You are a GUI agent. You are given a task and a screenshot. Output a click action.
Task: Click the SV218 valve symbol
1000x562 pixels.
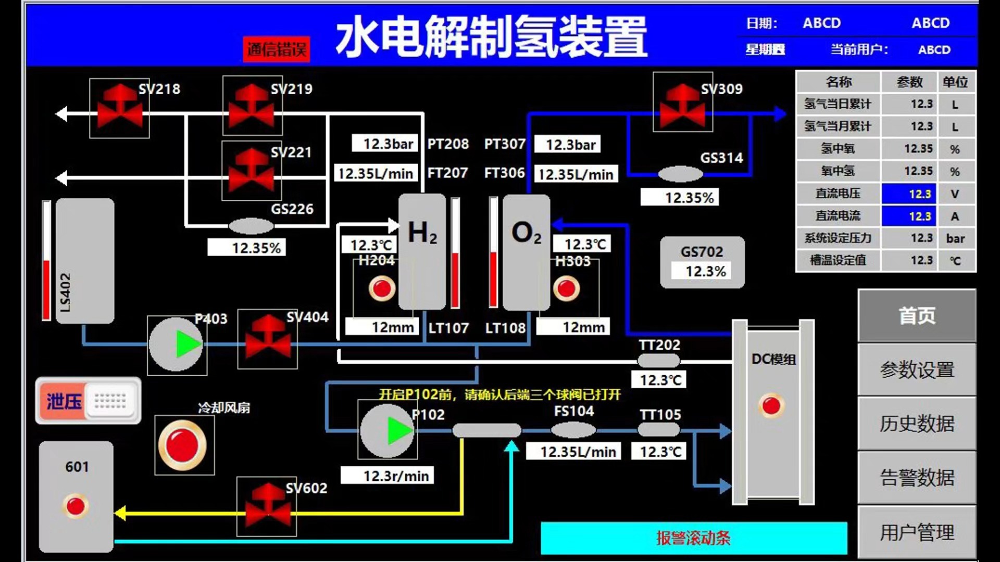pyautogui.click(x=119, y=108)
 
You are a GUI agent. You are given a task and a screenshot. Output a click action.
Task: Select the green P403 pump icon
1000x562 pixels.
pyautogui.click(x=176, y=344)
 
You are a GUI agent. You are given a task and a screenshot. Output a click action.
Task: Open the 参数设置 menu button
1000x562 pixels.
pyautogui.click(x=917, y=370)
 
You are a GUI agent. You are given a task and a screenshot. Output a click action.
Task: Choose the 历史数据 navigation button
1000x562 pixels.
pyautogui.click(x=917, y=424)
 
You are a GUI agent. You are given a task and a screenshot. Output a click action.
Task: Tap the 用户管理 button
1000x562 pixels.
pyautogui.click(x=917, y=532)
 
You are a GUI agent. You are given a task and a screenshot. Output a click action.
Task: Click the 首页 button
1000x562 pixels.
pyautogui.click(x=917, y=316)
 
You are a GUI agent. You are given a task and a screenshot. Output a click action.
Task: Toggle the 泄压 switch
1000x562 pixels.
pyautogui.click(x=88, y=401)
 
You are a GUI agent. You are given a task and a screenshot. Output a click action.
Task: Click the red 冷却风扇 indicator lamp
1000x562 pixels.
pyautogui.click(x=182, y=445)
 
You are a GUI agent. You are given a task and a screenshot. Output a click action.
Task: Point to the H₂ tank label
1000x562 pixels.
pyautogui.click(x=422, y=233)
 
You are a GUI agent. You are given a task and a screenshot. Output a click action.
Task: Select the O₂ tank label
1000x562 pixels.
pyautogui.click(x=526, y=233)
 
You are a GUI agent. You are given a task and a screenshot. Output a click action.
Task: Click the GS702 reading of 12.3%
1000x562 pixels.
pyautogui.click(x=705, y=271)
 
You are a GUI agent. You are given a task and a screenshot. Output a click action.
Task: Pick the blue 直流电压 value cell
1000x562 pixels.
pyautogui.click(x=908, y=194)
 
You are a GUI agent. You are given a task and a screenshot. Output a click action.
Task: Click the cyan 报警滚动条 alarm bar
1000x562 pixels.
pyautogui.click(x=693, y=538)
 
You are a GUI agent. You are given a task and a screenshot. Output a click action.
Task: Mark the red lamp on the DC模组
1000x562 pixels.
pyautogui.click(x=771, y=405)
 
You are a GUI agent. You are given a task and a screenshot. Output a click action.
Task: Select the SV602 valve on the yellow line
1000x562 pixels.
pyautogui.click(x=267, y=506)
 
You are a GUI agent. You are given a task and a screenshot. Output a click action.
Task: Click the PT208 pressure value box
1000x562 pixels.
pyautogui.click(x=384, y=144)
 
